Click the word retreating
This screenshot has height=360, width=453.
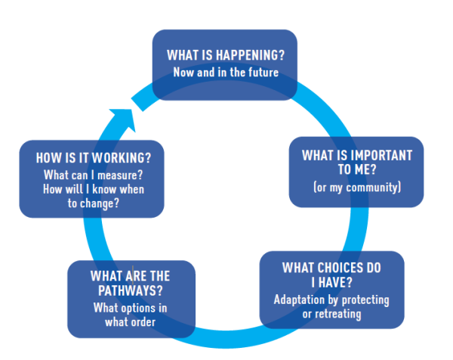[x=340, y=313]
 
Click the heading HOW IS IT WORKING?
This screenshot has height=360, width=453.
[x=91, y=159]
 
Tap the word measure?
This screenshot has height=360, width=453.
[x=121, y=175]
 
